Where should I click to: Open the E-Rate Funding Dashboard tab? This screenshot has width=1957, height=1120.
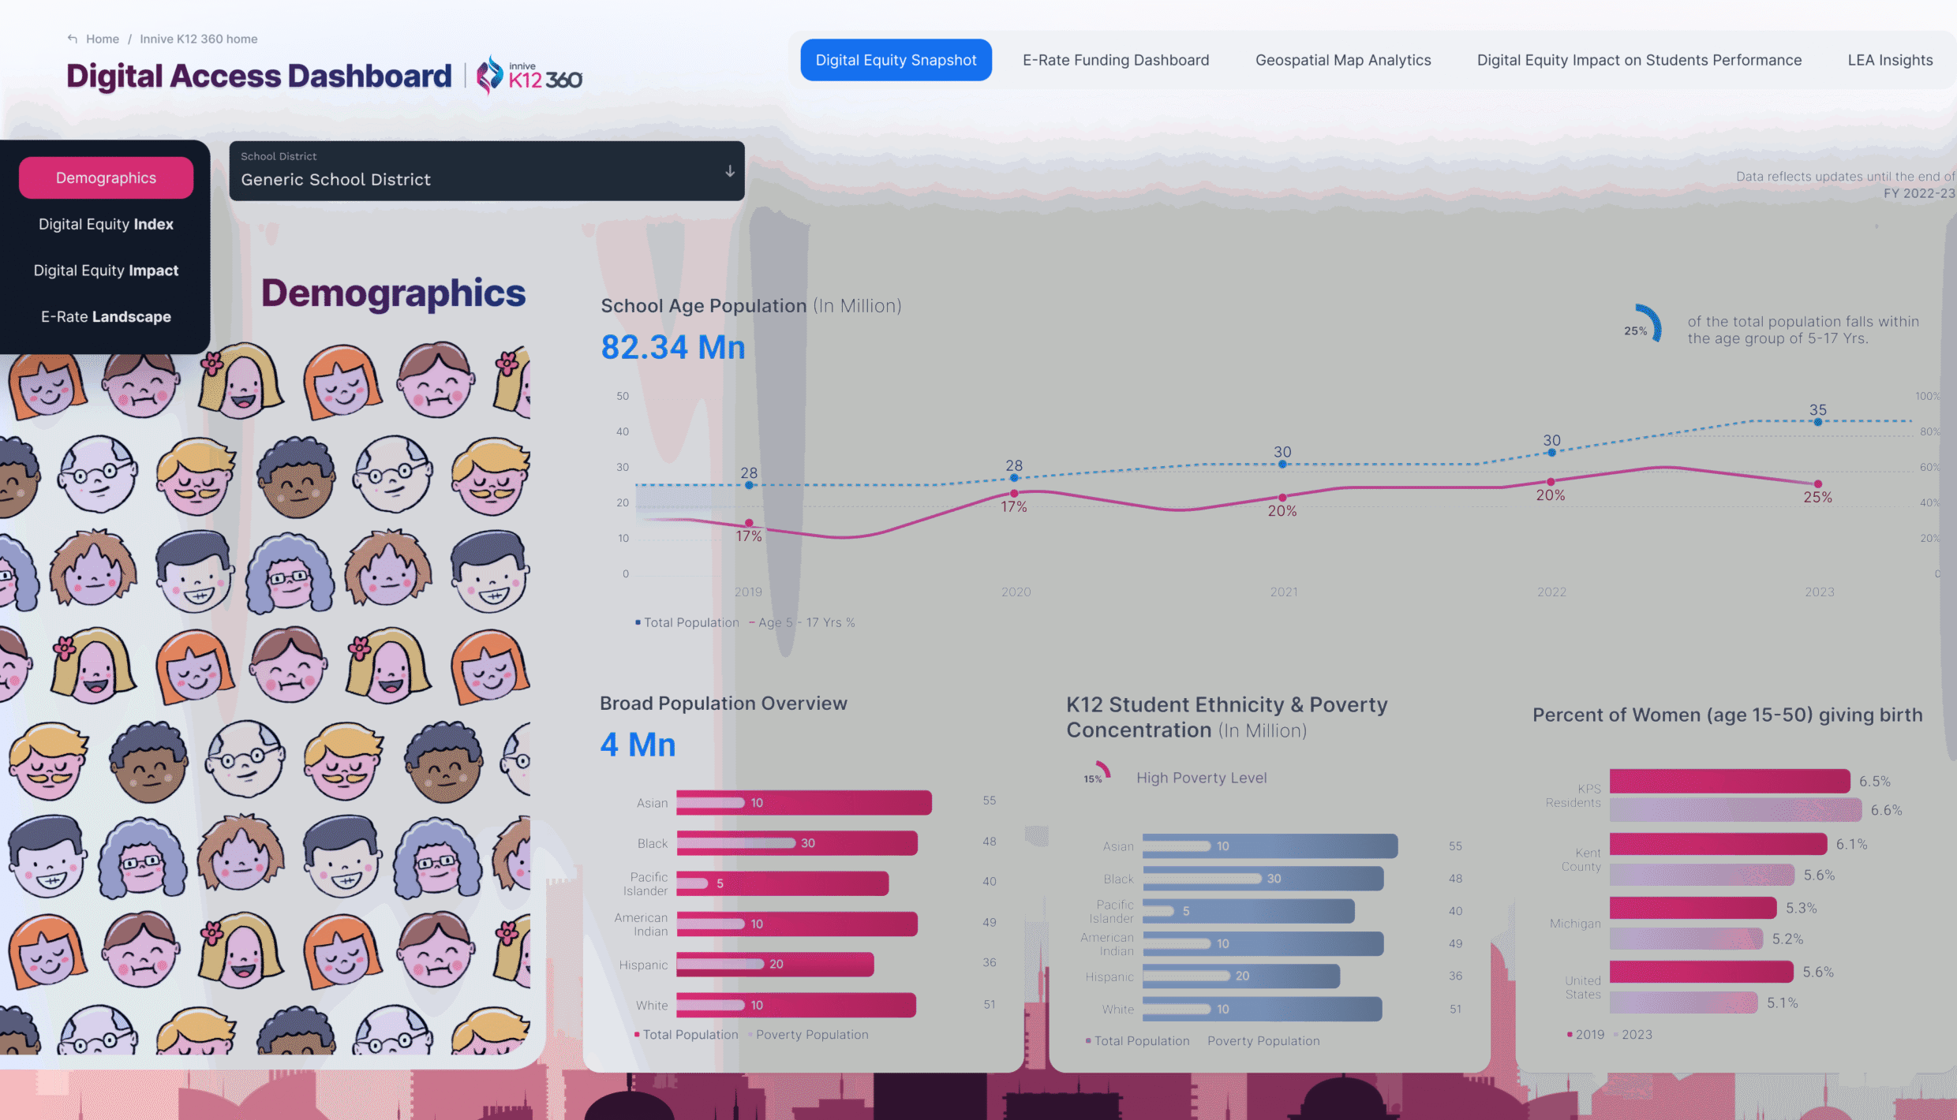1115,60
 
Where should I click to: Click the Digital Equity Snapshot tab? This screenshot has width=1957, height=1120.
896,60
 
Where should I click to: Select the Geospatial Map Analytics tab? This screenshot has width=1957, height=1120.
1342,60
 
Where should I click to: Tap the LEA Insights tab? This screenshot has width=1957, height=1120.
1889,60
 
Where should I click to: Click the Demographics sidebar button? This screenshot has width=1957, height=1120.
106,177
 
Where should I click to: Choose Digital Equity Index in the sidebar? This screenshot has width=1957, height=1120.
106,224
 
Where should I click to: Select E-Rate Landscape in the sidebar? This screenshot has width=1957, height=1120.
106,316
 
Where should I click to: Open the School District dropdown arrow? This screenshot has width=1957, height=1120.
730,171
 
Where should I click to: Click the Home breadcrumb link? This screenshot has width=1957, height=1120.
102,39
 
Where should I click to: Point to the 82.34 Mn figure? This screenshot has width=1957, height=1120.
672,347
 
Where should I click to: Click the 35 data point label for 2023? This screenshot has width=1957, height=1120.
1817,410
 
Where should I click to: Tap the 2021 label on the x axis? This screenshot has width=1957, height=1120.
1283,592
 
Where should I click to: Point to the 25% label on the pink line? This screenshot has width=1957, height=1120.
1817,498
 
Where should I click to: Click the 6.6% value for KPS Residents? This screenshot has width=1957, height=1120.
1886,810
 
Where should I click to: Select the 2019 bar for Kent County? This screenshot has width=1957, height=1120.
1717,844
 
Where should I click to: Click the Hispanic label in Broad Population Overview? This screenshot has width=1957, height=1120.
643,965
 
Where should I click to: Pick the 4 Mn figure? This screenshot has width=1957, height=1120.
638,745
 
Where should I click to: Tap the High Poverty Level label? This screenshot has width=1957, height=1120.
1201,778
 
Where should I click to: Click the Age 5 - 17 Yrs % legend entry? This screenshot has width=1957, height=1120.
805,622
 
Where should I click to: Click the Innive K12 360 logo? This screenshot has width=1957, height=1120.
529,76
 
